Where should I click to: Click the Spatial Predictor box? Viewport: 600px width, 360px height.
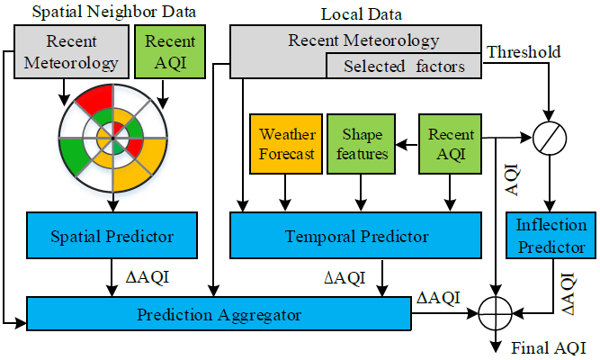[x=113, y=237]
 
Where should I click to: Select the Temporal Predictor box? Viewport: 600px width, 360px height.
[x=356, y=237]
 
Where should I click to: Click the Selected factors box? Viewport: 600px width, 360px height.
[x=403, y=66]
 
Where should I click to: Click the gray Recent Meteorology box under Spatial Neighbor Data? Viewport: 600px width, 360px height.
[x=70, y=51]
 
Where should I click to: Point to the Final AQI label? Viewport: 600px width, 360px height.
[x=548, y=347]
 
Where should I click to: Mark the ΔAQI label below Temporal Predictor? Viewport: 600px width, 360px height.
[x=345, y=278]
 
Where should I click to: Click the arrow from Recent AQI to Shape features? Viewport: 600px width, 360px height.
[x=407, y=140]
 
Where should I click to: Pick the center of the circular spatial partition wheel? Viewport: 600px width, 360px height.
[x=112, y=137]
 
